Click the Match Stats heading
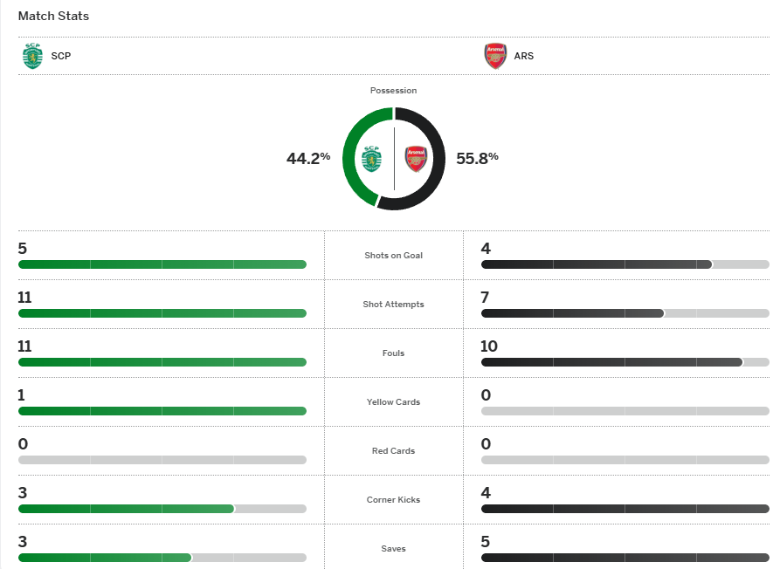(53, 17)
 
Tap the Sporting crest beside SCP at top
(32, 56)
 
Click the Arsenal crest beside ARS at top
(495, 56)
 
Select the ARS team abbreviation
(524, 56)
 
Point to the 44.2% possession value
(308, 158)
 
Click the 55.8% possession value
(477, 158)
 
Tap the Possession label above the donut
(393, 91)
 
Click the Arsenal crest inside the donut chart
(415, 159)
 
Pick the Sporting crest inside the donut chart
(373, 159)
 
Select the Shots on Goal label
(393, 256)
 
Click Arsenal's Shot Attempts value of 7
(486, 298)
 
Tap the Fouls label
(393, 353)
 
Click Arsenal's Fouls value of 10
(489, 346)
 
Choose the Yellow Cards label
(393, 402)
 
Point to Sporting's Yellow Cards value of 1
(22, 395)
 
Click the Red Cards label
(393, 451)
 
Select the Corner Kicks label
(393, 500)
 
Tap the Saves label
(393, 549)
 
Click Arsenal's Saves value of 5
(486, 542)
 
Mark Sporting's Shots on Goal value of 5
(23, 249)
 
